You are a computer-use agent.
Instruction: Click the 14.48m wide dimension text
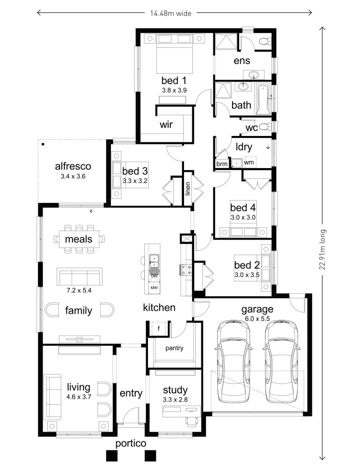point(171,13)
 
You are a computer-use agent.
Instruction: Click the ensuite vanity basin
point(253,75)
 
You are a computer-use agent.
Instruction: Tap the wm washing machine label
point(249,162)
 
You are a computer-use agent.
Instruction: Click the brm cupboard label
point(222,164)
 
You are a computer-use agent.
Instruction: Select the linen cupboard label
point(188,188)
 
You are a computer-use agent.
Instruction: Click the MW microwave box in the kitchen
point(154,288)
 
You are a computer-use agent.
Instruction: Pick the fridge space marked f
point(159,329)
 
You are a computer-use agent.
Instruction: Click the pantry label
point(174,348)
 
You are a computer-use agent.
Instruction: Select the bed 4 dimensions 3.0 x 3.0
point(243,217)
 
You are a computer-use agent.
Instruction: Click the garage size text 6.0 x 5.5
point(257,319)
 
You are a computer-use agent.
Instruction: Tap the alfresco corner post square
point(43,144)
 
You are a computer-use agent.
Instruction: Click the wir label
point(166,124)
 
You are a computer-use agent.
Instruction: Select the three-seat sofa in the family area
point(79,277)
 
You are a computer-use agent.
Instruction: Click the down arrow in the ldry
point(268,147)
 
